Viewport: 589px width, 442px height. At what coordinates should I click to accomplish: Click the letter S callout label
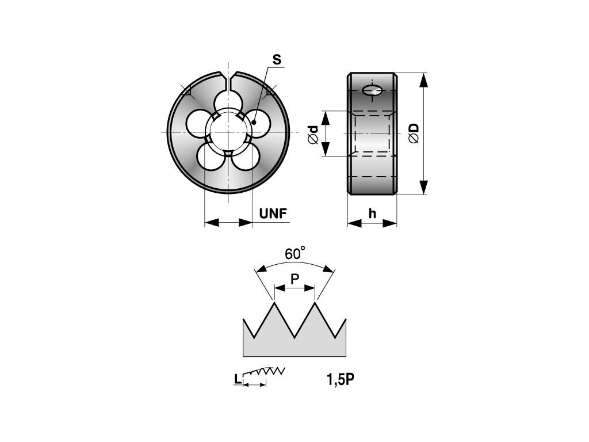coord(277,60)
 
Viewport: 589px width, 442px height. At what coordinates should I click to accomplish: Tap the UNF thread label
coord(273,214)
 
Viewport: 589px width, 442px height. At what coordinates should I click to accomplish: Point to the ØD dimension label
coord(413,134)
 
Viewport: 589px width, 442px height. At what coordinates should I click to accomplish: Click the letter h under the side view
coord(372,214)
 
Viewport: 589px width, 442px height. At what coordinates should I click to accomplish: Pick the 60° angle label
coord(295,253)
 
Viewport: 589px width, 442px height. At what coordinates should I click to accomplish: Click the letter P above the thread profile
coord(295,279)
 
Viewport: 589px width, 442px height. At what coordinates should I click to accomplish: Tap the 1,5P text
coord(341,380)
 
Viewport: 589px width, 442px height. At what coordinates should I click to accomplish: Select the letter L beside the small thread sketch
coord(238,379)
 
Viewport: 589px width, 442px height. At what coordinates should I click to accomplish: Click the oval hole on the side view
coord(372,90)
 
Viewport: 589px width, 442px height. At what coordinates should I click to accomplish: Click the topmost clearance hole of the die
coord(228,102)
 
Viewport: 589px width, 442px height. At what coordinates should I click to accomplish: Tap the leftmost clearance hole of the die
coord(198,124)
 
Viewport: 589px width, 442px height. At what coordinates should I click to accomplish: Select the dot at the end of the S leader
coord(254,122)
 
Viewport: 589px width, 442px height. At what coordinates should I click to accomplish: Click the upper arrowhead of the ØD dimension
coord(423,80)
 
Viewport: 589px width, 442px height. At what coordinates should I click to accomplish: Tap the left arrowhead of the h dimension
coord(354,224)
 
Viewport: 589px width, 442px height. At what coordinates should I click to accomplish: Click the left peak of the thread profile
coord(274,303)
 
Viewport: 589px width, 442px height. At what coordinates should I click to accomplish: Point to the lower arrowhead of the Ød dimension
coord(326,148)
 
